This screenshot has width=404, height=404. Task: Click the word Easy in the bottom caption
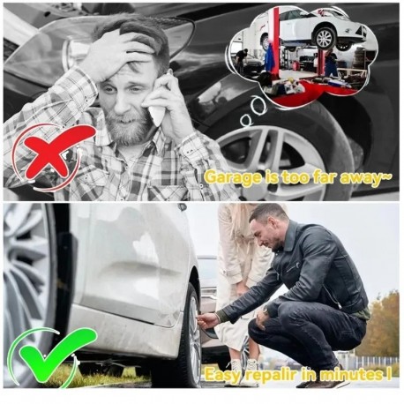222,375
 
